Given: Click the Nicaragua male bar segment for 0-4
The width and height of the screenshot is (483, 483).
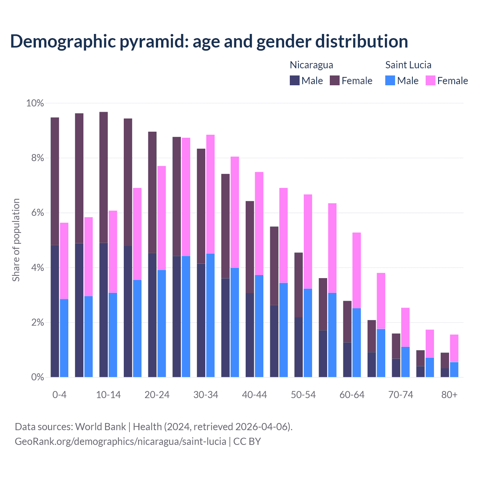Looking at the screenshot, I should tap(55, 311).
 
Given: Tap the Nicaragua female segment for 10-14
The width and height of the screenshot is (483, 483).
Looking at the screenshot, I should tap(103, 177).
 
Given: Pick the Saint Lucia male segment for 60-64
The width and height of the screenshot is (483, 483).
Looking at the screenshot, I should tap(357, 343).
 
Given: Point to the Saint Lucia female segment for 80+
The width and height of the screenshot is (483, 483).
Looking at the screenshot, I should tap(454, 348).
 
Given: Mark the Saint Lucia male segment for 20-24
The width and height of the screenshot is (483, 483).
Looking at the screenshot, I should tap(162, 323).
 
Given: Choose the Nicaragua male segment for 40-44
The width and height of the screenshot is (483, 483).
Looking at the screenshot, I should tap(250, 335).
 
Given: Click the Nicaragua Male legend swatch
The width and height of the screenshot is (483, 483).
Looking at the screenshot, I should tap(295, 80).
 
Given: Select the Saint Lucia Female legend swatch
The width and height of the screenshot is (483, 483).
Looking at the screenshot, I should tap(431, 80).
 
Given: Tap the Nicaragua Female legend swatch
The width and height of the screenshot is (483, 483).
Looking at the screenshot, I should tap(335, 80).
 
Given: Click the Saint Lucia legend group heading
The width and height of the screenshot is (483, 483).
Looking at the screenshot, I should tap(408, 65).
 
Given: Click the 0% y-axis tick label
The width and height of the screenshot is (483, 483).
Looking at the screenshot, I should tap(35, 377).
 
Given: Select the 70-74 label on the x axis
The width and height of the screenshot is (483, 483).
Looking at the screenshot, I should tap(401, 395).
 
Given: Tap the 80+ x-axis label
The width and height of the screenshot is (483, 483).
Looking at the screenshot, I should tap(449, 395).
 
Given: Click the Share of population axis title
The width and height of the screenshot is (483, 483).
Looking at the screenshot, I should tap(16, 240).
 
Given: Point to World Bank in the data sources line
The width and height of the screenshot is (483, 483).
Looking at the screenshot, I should tap(100, 427).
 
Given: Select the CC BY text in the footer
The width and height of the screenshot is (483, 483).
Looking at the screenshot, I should tap(247, 441).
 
